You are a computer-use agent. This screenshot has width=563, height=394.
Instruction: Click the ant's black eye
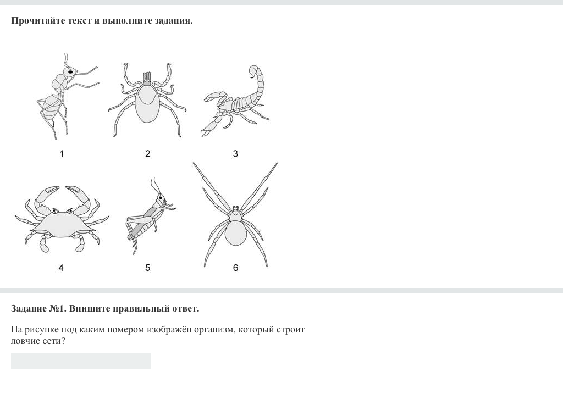coord(71,72)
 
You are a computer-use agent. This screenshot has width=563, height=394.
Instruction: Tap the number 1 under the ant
coord(62,154)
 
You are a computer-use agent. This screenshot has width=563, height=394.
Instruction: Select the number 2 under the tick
coord(147,154)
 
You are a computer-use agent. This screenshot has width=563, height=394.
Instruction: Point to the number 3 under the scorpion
coord(235,154)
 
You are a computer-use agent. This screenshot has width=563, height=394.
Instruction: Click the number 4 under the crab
coord(61,268)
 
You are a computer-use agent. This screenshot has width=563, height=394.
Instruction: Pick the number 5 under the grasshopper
coord(147,268)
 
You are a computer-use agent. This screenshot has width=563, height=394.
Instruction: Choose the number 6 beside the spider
coord(235,268)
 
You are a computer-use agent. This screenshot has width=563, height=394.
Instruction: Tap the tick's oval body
coord(147,103)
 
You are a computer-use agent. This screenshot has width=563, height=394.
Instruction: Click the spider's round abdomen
coord(235,233)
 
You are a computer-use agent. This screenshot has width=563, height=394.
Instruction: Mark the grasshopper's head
coord(161,198)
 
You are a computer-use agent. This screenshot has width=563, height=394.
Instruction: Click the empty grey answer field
coord(81,360)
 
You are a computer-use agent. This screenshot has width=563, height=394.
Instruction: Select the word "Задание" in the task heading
coord(29,309)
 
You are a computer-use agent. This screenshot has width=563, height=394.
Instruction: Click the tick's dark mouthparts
coord(147,79)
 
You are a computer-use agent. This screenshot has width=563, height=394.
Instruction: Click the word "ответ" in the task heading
coord(185,309)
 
